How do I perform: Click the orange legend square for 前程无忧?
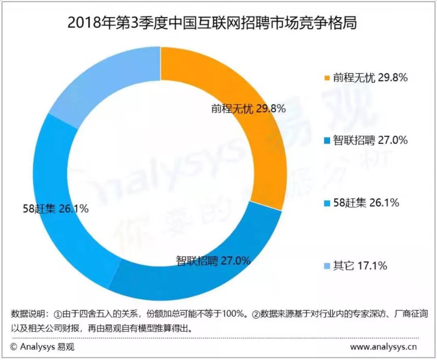(327, 78)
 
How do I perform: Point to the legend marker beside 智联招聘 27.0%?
(327, 141)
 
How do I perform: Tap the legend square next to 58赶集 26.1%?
(327, 203)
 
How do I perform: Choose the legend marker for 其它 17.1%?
(327, 266)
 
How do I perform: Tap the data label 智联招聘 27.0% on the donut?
(213, 260)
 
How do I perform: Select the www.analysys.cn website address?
(383, 347)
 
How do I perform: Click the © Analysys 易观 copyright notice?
(42, 347)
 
